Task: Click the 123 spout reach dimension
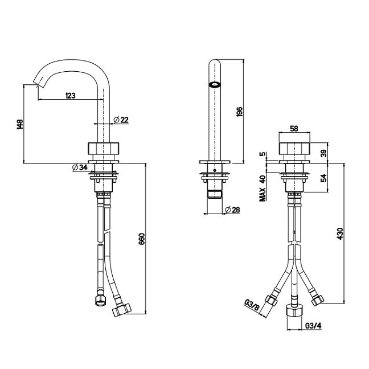pos(71,95)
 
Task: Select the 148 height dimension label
pos(20,124)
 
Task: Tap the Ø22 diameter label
pos(121,120)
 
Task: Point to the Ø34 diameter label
pos(80,167)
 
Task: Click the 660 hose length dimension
pos(142,239)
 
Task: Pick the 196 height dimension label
pos(239,112)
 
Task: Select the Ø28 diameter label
pos(232,210)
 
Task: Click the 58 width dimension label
pos(294,129)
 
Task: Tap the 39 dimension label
pos(324,153)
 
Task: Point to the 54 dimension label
pos(324,178)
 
